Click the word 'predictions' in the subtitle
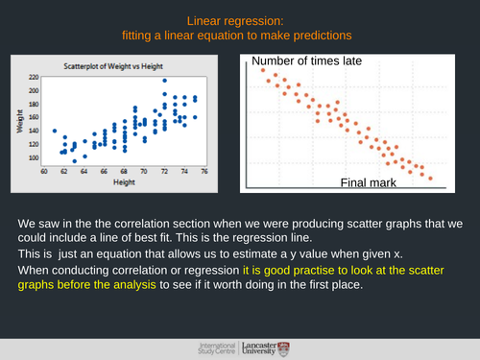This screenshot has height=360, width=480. click(x=320, y=36)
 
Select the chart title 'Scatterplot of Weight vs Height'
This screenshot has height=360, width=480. click(x=113, y=66)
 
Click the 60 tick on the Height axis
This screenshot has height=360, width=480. click(x=45, y=171)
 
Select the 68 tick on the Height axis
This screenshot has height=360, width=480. click(x=125, y=171)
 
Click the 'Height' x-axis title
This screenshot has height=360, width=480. click(x=126, y=181)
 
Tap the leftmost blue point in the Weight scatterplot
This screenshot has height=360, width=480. click(x=55, y=131)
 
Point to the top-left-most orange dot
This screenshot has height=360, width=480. click(x=260, y=71)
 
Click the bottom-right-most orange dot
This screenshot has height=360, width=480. click(x=430, y=178)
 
